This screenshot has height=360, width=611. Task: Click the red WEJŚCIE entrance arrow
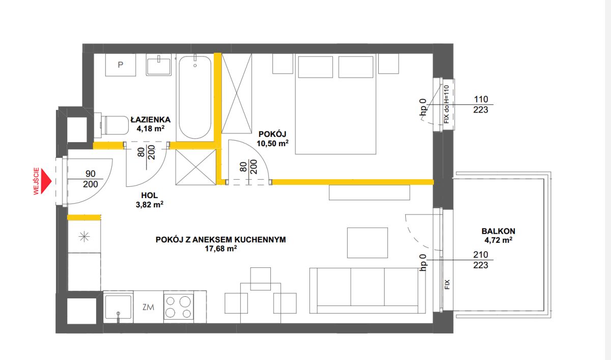point(46,181)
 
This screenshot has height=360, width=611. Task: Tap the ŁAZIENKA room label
point(151,120)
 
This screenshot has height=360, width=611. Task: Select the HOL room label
point(150,195)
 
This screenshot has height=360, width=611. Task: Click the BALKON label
point(498,231)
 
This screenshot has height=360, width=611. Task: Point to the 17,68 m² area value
point(220,248)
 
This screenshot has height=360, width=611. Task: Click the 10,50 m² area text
point(272,143)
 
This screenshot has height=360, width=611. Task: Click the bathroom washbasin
point(158,65)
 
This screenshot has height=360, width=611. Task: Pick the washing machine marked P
point(121,65)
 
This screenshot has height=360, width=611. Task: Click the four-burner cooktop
point(178,308)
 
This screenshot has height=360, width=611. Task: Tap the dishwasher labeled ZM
point(148,307)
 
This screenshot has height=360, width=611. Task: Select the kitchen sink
point(118,307)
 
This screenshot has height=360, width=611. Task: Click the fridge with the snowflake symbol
point(84,236)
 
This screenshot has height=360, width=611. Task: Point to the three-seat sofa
point(368,290)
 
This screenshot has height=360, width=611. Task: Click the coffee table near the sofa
point(368,243)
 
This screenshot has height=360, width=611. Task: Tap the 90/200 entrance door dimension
point(90,179)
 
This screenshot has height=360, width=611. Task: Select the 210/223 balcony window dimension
point(481,260)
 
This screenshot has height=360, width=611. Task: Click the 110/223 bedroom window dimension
point(481,104)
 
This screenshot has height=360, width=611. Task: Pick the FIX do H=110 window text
point(446,104)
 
